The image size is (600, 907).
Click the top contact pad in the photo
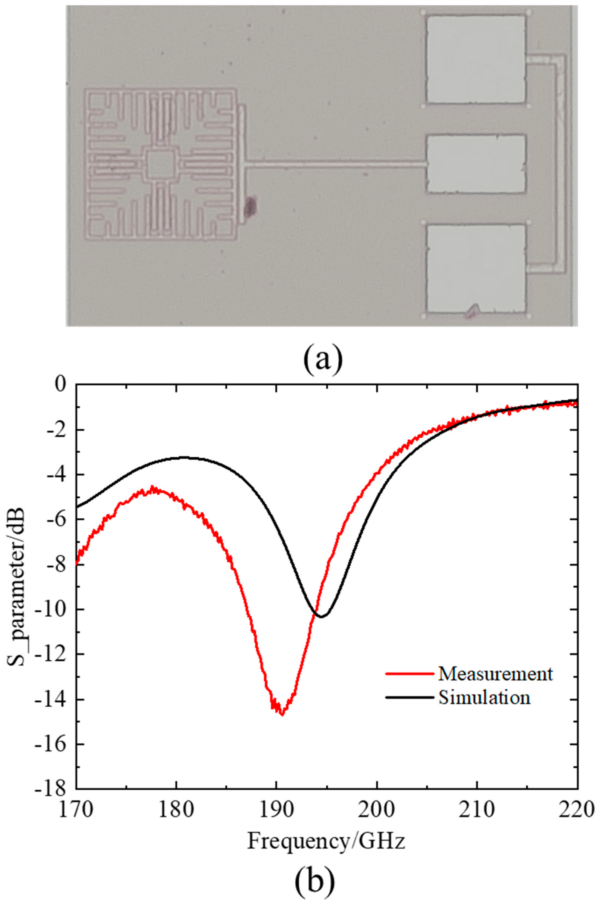(x=476, y=59)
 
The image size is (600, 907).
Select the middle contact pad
(x=476, y=164)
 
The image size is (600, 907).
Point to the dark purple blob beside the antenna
(x=251, y=206)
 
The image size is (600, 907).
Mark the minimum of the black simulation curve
(x=321, y=616)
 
